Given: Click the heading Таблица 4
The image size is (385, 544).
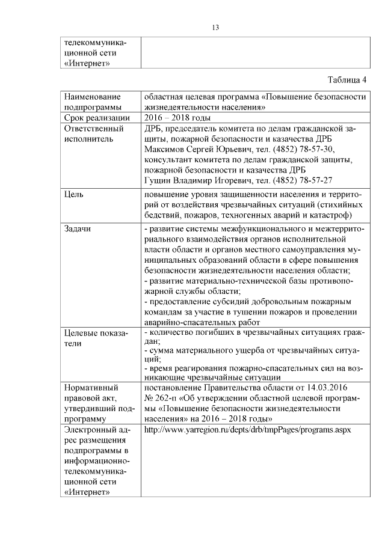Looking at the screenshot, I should tap(346, 80).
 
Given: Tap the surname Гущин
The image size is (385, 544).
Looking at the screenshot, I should tap(159, 180).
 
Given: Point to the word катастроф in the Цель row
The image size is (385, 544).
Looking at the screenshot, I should tap(332, 215).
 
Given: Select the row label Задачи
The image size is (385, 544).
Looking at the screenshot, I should tap(78, 230).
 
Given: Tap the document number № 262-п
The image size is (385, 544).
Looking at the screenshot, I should tap(163, 398).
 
